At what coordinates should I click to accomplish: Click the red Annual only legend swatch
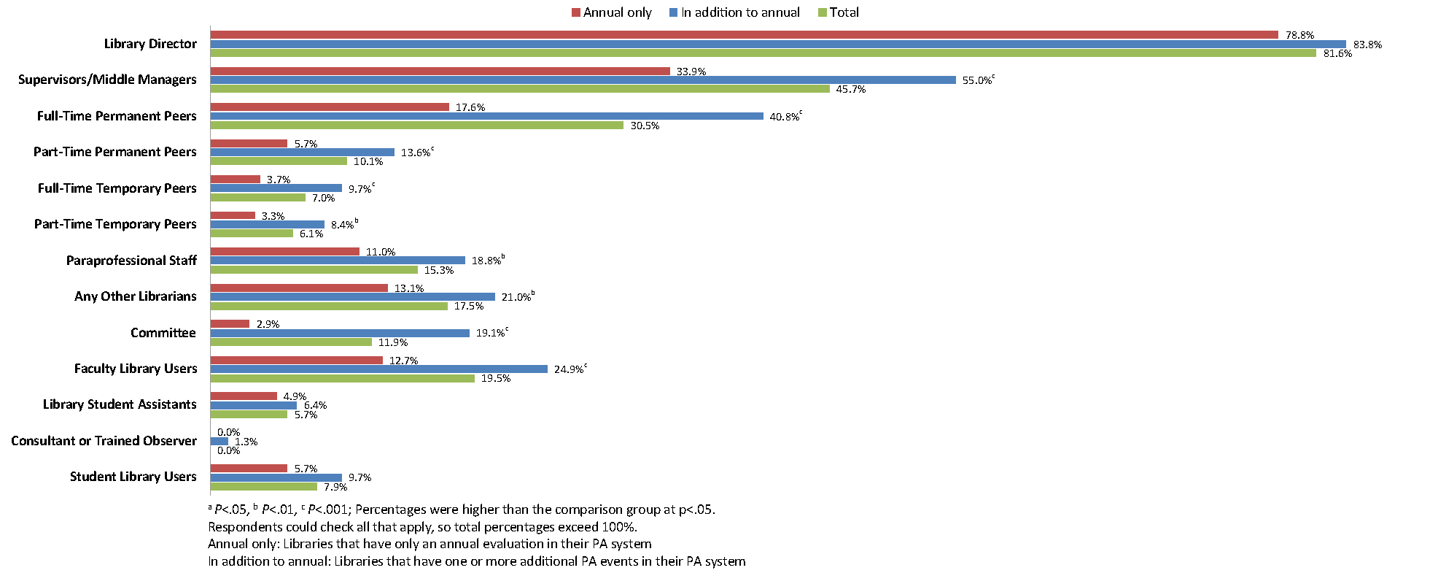pyautogui.click(x=575, y=12)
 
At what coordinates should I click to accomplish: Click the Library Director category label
pyautogui.click(x=150, y=44)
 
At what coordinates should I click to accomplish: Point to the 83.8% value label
pyautogui.click(x=1367, y=45)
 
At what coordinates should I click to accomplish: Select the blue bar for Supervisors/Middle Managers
pyautogui.click(x=583, y=80)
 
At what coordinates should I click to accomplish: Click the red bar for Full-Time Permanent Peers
pyautogui.click(x=330, y=107)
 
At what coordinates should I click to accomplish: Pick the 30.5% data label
pyautogui.click(x=645, y=126)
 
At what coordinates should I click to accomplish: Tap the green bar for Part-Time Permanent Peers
pyautogui.click(x=279, y=161)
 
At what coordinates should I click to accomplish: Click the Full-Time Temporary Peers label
pyautogui.click(x=117, y=188)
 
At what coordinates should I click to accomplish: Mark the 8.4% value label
pyautogui.click(x=342, y=225)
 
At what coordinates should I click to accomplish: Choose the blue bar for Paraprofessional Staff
pyautogui.click(x=338, y=261)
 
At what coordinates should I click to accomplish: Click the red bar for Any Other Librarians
pyautogui.click(x=299, y=288)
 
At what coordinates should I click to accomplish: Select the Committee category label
pyautogui.click(x=163, y=333)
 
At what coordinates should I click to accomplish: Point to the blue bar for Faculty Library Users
pyautogui.click(x=378, y=369)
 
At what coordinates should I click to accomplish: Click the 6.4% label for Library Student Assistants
pyautogui.click(x=315, y=405)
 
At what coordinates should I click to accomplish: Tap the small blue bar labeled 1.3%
pyautogui.click(x=219, y=441)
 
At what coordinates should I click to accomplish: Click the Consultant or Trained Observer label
pyautogui.click(x=104, y=441)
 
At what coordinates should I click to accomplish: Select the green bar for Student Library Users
pyautogui.click(x=264, y=486)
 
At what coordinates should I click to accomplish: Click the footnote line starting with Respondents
pyautogui.click(x=422, y=527)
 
